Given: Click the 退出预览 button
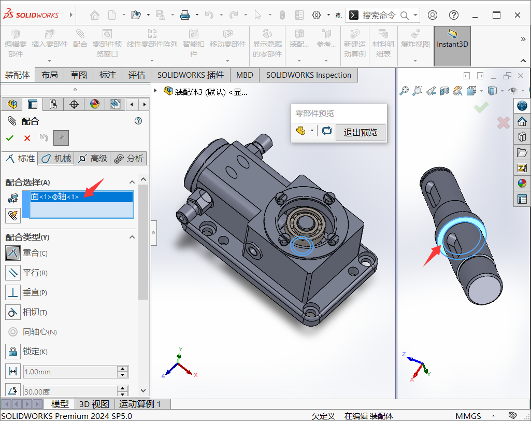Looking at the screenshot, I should pos(360,132).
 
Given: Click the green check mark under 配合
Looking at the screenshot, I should pos(9,138).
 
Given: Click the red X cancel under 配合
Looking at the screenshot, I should pos(27,138).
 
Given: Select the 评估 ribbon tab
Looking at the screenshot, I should pos(136,75).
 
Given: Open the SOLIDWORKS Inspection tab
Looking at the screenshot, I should pos(308,75).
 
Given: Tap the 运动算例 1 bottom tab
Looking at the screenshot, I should pos(140,404).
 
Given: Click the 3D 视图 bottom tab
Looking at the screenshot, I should pos(94,404).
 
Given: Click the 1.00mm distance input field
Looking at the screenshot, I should pos(70,372).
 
